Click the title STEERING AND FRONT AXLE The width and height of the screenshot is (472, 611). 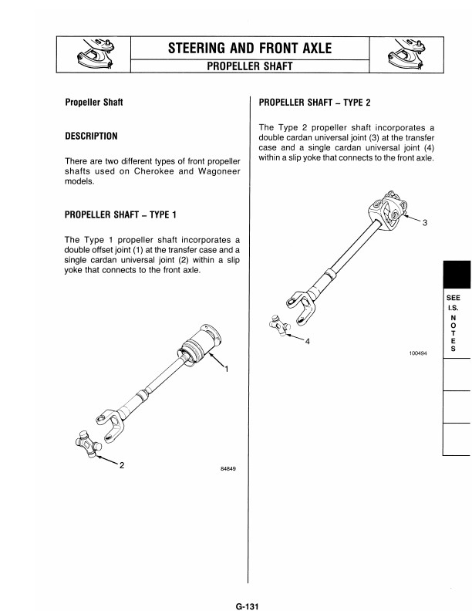coord(250,49)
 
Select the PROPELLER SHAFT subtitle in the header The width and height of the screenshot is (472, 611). coord(249,66)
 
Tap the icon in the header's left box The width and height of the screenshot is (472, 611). coord(93,55)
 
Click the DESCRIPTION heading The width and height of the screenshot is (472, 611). coord(91,137)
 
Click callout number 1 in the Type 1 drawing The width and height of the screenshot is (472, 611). coord(226,369)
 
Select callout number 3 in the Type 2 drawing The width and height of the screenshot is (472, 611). coord(424,223)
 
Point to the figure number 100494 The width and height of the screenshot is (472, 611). coord(418,353)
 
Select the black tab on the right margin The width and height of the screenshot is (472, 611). coord(457,274)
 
